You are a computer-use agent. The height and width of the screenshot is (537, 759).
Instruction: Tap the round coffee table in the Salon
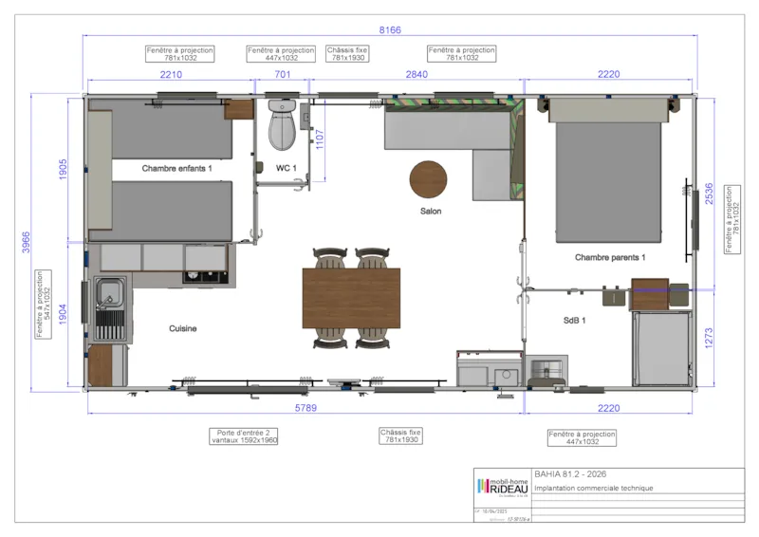[428, 178]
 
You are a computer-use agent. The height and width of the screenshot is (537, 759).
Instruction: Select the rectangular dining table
[351, 297]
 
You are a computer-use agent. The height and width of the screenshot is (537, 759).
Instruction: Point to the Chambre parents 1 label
[610, 257]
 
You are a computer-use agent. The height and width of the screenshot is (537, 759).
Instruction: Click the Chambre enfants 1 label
[177, 168]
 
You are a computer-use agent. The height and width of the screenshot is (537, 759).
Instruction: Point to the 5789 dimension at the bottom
[304, 407]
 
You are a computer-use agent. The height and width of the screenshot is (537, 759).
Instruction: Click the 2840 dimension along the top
[417, 73]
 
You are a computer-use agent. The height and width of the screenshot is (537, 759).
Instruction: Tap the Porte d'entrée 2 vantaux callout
[245, 435]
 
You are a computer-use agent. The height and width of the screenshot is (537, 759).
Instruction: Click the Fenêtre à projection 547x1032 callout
[41, 304]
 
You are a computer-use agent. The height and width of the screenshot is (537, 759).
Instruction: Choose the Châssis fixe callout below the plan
[400, 435]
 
